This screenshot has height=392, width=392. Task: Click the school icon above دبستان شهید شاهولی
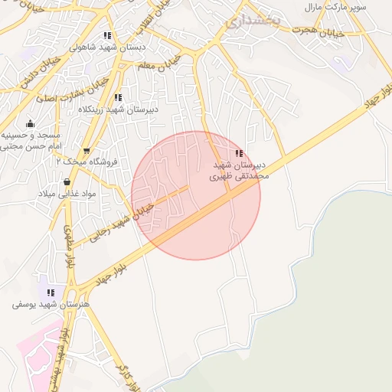click(108, 35)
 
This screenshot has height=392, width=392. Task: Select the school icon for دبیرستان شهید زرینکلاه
click(118, 97)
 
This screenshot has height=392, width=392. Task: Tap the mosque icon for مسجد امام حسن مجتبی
click(30, 124)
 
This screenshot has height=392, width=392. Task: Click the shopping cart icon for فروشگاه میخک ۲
click(86, 151)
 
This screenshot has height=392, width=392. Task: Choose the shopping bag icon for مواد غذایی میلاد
click(67, 182)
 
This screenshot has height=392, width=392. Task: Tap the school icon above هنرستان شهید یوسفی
click(51, 292)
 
